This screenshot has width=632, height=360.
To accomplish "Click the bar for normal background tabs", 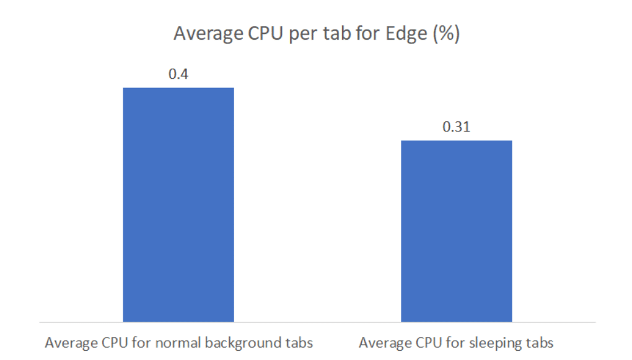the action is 178,205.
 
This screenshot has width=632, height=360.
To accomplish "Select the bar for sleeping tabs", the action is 456,231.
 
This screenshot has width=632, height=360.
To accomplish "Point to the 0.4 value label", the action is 178,74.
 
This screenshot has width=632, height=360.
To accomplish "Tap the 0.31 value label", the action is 456,126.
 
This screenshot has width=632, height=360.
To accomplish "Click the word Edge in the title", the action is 406,33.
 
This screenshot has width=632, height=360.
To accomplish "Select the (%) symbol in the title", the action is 446,33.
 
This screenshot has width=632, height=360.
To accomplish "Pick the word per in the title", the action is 302,34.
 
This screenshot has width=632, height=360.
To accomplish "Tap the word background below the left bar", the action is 243,343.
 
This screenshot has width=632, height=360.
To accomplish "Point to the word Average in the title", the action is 208,34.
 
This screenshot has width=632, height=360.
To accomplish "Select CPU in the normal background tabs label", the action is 114,343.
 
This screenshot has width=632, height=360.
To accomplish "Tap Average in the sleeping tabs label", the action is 385,343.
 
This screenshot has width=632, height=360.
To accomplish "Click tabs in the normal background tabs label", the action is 299,343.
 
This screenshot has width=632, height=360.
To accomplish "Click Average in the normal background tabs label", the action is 71,343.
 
